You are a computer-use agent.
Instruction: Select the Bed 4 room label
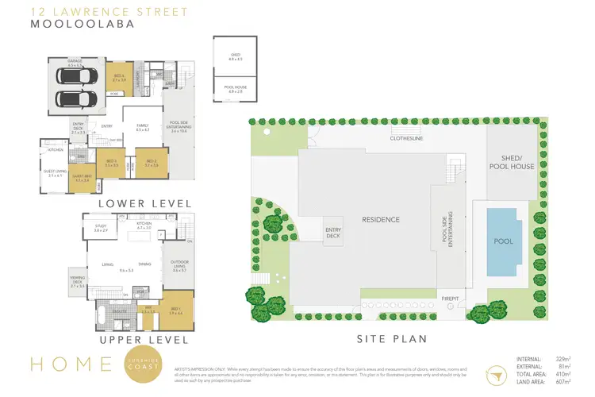coord(118,79)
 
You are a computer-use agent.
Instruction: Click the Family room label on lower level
coord(143,127)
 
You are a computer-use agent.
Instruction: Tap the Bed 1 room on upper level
coord(175,311)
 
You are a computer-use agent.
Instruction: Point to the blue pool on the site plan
coord(504,241)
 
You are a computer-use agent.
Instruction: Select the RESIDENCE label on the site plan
coord(381,219)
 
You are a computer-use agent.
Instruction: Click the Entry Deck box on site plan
coord(333,232)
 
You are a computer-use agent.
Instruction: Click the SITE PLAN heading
coord(381,338)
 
